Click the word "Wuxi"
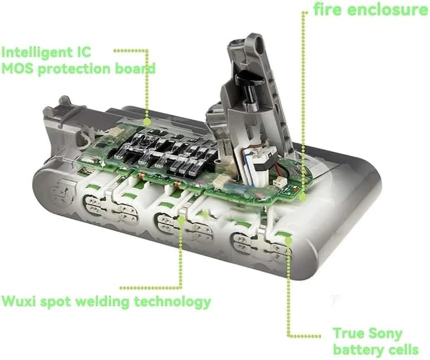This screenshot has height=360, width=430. pyautogui.click(x=19, y=301)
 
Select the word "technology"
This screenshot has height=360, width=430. pyautogui.click(x=173, y=302)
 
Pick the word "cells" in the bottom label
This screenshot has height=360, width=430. pyautogui.click(x=403, y=350)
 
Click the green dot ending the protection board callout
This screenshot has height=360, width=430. pyautogui.click(x=147, y=121)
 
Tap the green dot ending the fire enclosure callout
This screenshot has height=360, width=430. pyautogui.click(x=302, y=197)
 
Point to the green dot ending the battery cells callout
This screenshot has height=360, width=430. pyautogui.click(x=288, y=240)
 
